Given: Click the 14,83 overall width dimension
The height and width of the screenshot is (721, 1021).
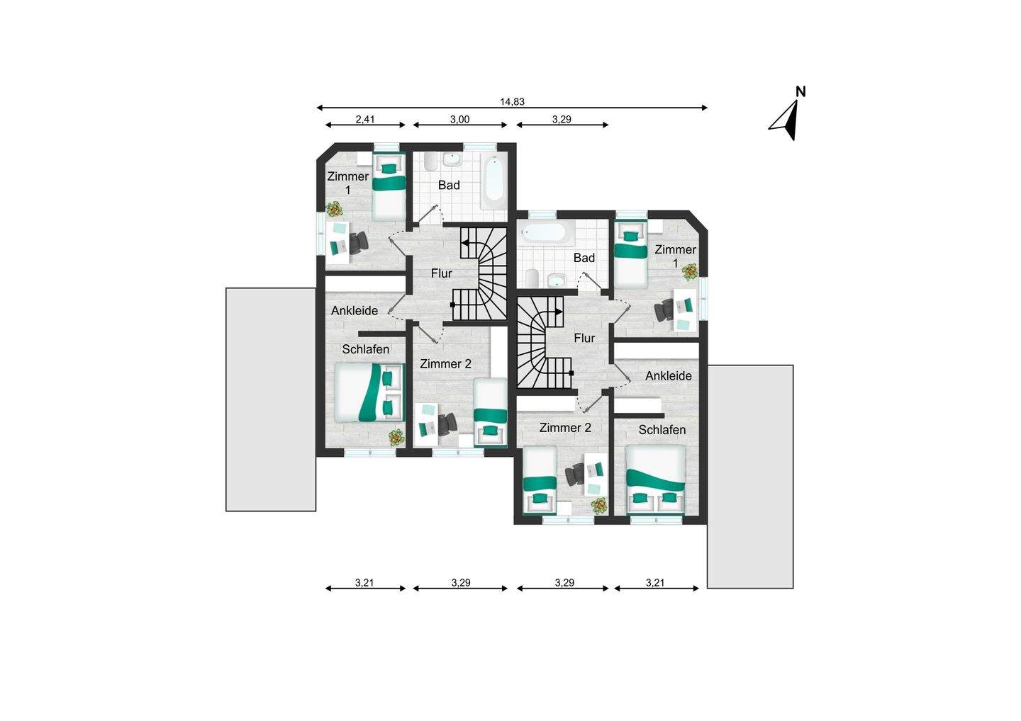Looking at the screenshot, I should (x=512, y=102).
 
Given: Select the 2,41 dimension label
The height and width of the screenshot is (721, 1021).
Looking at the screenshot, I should (x=365, y=120).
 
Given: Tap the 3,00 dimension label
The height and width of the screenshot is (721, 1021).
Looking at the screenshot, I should (x=460, y=120).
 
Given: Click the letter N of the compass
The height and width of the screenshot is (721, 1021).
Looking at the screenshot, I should (x=800, y=91).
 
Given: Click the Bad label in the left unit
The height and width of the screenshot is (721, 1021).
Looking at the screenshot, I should (x=449, y=186).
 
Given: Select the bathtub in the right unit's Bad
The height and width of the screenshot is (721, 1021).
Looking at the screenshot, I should (x=542, y=232).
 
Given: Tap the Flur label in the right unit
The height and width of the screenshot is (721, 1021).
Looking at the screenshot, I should (x=584, y=339).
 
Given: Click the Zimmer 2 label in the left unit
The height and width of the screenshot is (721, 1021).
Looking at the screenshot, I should (x=445, y=364).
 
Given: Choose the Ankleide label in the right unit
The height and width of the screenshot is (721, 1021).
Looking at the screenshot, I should (x=668, y=376).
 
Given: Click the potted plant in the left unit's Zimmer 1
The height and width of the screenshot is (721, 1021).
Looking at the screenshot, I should (x=333, y=210).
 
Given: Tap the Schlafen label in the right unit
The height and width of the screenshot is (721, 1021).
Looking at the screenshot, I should (x=662, y=430).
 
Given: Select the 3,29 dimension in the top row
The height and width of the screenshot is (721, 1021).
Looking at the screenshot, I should (x=562, y=120).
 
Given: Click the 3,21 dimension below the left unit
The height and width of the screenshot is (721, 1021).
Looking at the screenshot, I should (x=364, y=584).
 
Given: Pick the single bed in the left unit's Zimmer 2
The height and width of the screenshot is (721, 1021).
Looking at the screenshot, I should (x=490, y=411).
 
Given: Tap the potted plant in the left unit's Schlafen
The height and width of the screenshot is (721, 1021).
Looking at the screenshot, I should (x=395, y=438).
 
